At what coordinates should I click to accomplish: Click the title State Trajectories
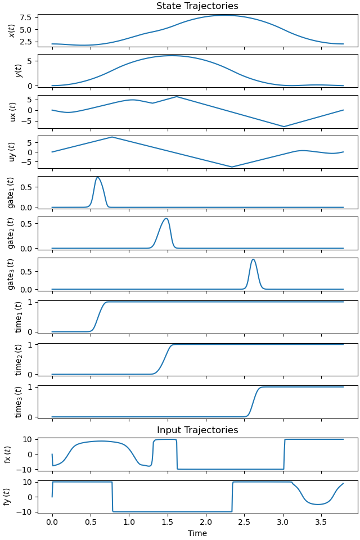[x=197, y=6]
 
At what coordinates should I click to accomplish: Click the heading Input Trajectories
[x=197, y=430]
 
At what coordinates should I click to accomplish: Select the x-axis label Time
[x=197, y=533]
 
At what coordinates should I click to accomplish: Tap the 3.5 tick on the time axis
[x=321, y=521]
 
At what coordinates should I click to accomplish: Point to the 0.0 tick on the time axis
[x=52, y=521]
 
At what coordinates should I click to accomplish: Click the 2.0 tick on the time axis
[x=206, y=521]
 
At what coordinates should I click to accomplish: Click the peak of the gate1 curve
[x=98, y=178]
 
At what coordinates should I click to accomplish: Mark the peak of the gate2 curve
[x=166, y=218]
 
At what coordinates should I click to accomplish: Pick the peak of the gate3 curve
[x=254, y=259]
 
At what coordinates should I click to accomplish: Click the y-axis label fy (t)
[x=8, y=496]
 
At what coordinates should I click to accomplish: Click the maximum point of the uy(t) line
[x=112, y=137]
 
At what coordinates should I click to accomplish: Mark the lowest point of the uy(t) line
[x=232, y=167]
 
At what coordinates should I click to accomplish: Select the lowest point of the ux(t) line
[x=284, y=127]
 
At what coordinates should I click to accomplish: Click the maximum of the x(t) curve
[x=224, y=15]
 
